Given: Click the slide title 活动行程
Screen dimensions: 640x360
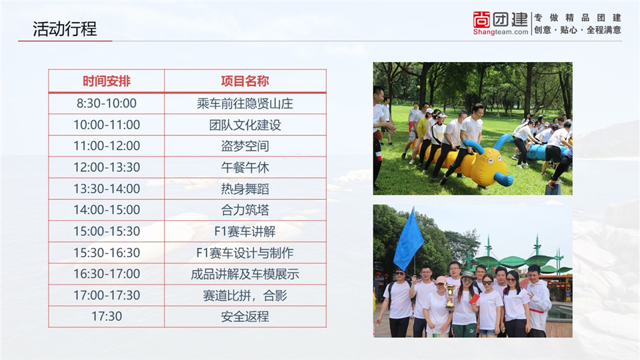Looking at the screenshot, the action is point(65,29).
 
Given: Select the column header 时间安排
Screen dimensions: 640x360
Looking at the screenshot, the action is point(107,81).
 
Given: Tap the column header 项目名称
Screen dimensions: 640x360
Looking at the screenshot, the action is point(245,81).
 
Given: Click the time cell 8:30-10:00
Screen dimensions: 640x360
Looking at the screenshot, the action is point(107,103).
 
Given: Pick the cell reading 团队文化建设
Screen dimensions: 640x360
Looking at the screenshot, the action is point(245,125).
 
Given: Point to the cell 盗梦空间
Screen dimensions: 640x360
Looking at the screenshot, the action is point(245,146).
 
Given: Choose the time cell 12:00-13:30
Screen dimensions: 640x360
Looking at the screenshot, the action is point(107,167).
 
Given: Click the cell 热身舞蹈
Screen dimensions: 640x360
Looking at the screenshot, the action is point(245,189).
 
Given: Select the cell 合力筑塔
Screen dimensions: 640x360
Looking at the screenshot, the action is point(245,210).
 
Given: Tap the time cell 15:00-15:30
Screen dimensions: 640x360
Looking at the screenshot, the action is point(107,231).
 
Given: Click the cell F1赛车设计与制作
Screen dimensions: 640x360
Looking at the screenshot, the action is point(245,253).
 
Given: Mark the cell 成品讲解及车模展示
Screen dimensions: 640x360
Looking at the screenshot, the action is point(245,274).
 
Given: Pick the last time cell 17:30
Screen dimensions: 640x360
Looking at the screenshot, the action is point(107,316).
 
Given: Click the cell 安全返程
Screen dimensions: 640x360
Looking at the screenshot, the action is point(245,316).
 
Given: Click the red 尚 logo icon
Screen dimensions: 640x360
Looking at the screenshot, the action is point(481,19).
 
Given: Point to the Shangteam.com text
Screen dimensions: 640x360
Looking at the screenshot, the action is point(501,32).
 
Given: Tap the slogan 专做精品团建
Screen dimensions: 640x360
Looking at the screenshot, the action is point(577,17).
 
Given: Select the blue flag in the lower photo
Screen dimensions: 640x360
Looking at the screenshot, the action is point(408,241).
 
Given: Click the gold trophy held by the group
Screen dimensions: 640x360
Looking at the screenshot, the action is point(450,295).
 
